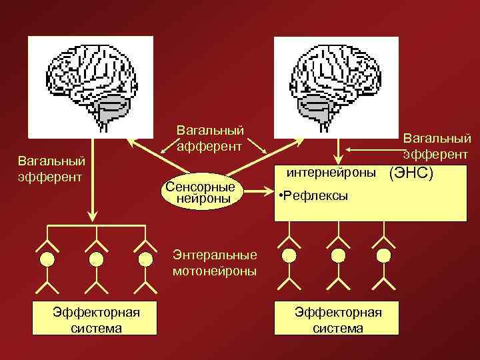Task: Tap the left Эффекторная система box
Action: (x=97, y=319)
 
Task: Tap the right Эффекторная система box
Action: (x=338, y=319)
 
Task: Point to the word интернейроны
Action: (x=331, y=173)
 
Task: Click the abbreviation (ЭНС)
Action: (x=411, y=173)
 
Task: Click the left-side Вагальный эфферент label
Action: (x=51, y=169)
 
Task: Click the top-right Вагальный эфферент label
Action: (x=437, y=146)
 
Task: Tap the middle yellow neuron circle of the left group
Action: (x=97, y=258)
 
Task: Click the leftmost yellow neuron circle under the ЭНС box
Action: (x=289, y=255)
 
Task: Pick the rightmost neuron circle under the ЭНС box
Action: (x=383, y=255)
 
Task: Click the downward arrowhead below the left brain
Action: (x=93, y=215)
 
